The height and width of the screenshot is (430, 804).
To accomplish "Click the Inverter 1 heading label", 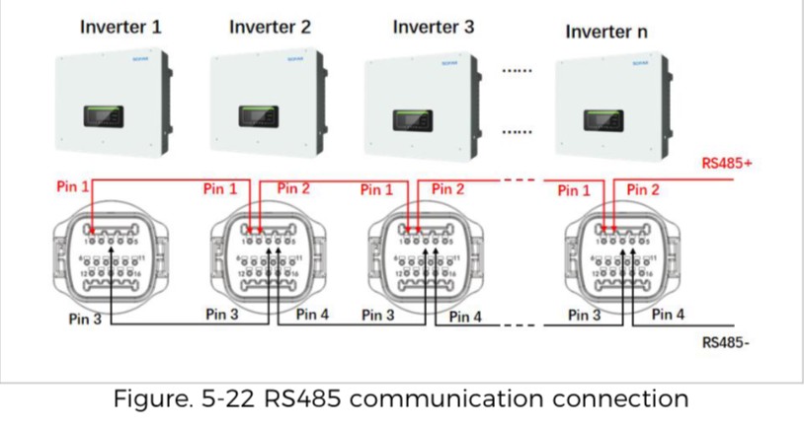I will click(x=121, y=28).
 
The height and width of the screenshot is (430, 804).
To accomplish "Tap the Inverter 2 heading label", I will click(x=270, y=28).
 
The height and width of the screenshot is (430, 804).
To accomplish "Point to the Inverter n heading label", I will click(x=606, y=32).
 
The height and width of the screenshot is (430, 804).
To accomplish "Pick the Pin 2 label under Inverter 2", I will click(x=293, y=187).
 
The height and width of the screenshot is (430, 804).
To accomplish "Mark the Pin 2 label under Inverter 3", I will click(x=447, y=188).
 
